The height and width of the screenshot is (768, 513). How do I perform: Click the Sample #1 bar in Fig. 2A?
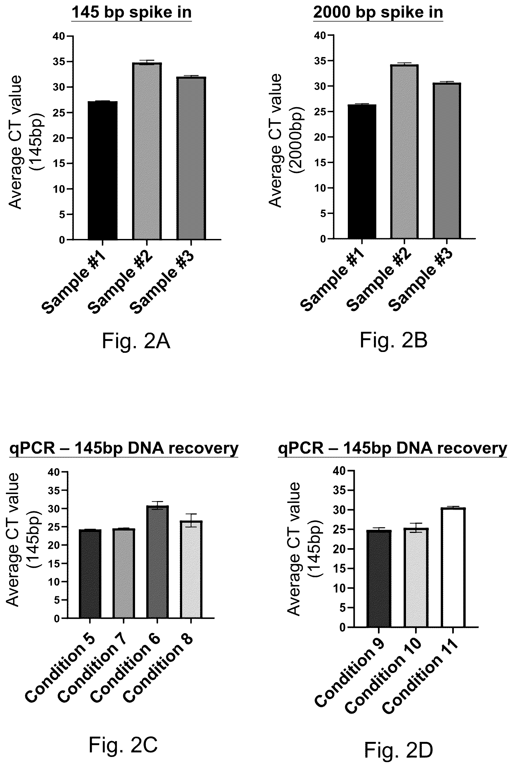coord(103,171)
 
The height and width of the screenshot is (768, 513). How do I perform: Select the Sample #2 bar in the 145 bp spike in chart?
coord(147,151)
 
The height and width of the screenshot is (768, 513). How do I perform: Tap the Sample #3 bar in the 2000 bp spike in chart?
coord(447,161)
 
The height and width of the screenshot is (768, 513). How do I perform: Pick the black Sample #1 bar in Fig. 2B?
coord(362,171)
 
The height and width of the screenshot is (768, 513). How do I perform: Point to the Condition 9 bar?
coord(379,579)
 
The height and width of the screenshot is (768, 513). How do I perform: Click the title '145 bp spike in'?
coord(131,13)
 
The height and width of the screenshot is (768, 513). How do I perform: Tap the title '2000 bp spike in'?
coord(378,12)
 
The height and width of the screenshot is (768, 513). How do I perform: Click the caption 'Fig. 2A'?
coord(136,341)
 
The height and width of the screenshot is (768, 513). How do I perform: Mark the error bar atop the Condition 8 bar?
coord(191,520)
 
